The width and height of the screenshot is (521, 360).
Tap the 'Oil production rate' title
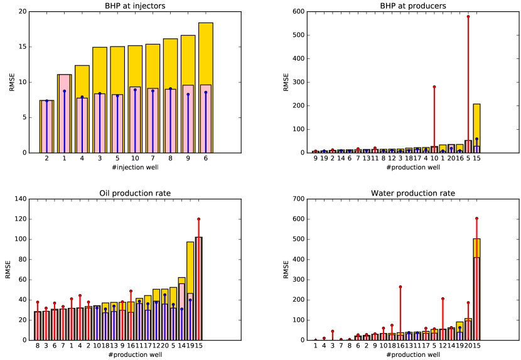136,193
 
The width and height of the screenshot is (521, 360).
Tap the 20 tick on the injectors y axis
23,12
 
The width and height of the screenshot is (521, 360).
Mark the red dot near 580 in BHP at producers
468,16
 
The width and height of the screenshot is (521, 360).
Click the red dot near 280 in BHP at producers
434,87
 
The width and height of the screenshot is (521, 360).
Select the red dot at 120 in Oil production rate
199,219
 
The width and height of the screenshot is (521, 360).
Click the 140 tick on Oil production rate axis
21,199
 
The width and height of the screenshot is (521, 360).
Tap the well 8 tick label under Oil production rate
38,346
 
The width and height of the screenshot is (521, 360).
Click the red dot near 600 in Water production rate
476,218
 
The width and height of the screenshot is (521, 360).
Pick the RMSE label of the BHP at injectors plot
11,82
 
